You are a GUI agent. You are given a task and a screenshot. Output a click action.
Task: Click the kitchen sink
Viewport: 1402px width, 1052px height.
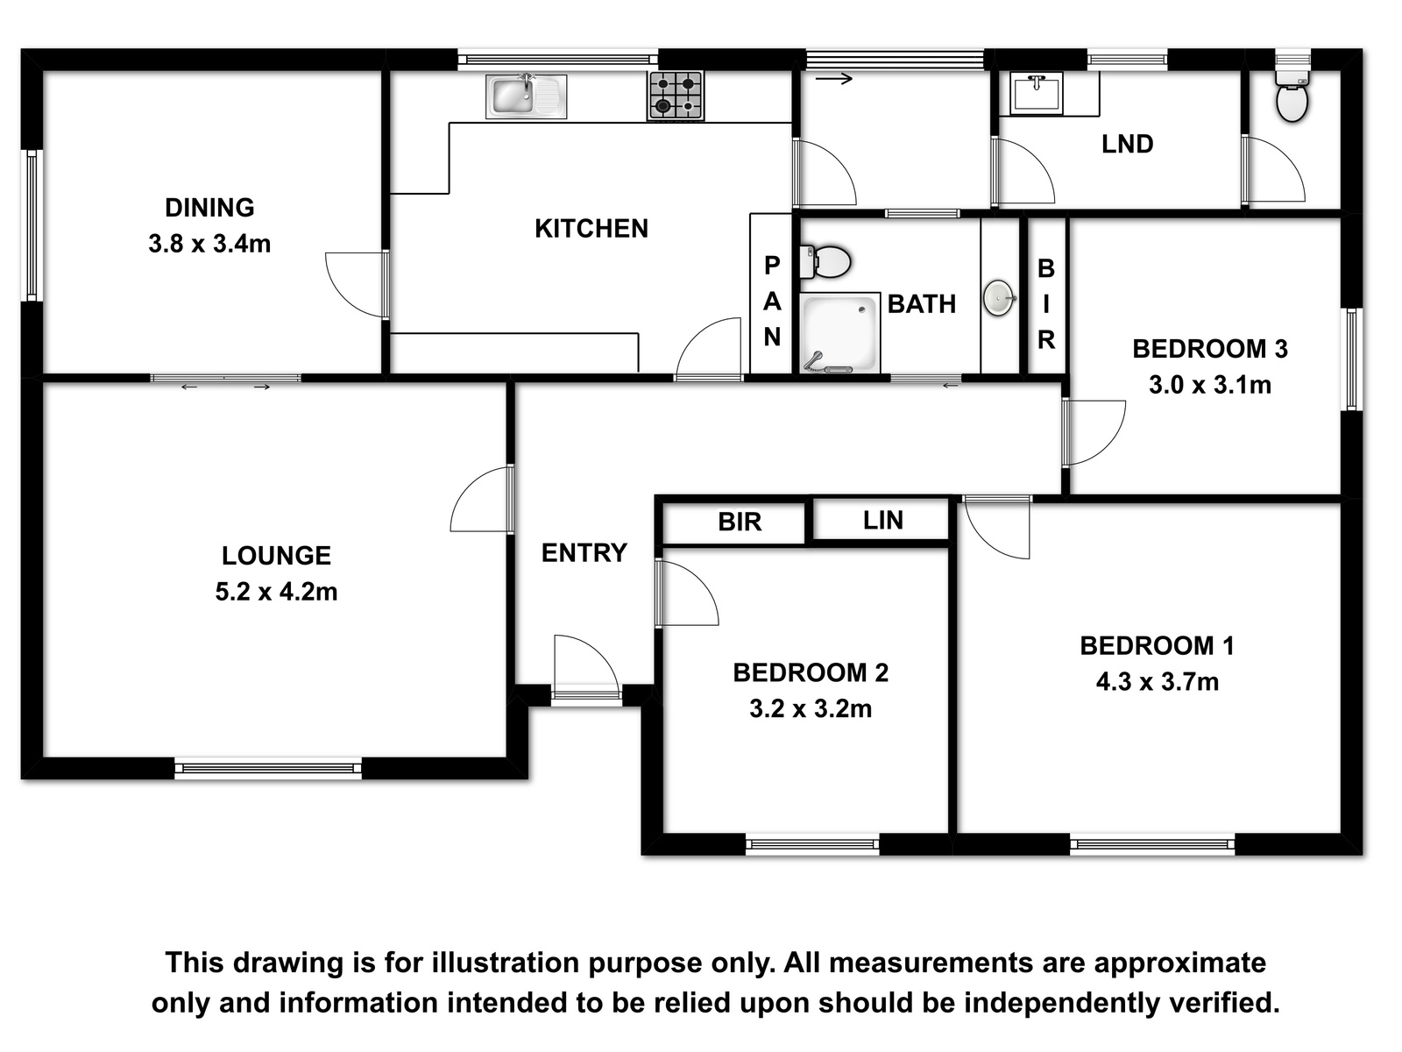tap(527, 96)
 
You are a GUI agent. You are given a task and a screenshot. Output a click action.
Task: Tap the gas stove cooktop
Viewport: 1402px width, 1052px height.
tap(676, 96)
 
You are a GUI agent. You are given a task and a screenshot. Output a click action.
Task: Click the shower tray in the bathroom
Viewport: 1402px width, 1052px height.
tap(839, 333)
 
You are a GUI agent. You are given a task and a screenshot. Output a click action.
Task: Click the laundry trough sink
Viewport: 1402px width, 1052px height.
tap(1036, 93)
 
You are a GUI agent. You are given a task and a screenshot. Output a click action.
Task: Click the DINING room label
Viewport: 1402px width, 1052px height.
tap(209, 208)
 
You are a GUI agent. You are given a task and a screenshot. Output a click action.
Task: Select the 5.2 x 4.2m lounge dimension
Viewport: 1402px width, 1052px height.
tap(276, 592)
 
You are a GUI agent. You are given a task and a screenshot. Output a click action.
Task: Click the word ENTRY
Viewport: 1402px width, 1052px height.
tap(584, 553)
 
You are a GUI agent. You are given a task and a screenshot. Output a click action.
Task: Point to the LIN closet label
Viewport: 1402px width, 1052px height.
tap(882, 521)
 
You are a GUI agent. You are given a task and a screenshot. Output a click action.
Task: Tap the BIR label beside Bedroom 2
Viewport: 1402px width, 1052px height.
tap(740, 522)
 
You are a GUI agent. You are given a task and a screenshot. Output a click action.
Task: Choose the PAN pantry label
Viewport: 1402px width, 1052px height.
tap(772, 301)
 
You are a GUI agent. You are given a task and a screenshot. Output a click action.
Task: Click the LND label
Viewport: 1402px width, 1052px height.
tap(1128, 145)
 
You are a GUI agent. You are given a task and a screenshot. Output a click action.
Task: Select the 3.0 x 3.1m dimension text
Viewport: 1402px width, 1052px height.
tap(1210, 385)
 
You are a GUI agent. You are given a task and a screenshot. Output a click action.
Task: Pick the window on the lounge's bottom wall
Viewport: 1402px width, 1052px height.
tap(268, 768)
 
